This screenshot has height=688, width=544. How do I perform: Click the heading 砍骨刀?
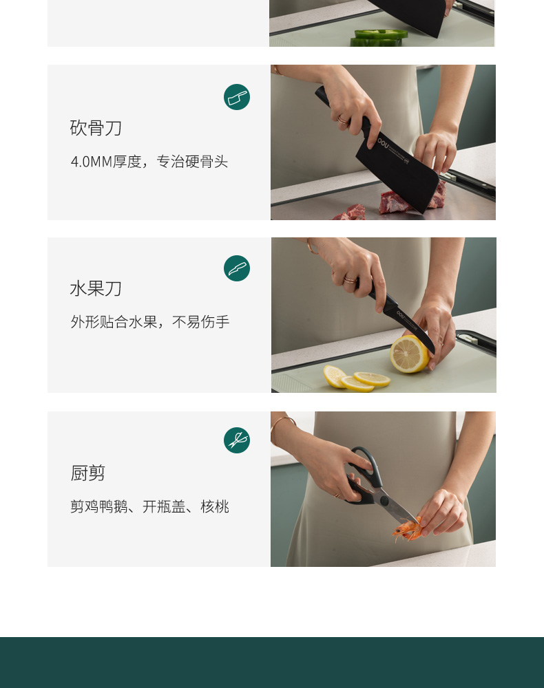click(95, 128)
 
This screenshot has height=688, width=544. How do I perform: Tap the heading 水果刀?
click(95, 289)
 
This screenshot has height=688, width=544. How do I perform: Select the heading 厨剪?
click(87, 473)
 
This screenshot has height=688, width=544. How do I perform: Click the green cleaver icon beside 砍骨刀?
click(237, 97)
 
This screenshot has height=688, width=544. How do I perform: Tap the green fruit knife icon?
click(237, 268)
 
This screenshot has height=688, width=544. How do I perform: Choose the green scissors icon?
click(237, 440)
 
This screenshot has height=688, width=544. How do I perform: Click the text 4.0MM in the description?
click(92, 162)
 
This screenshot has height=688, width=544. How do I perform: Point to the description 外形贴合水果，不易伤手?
click(149, 322)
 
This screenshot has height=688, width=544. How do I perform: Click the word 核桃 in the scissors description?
click(215, 507)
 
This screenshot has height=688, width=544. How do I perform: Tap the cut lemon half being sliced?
click(409, 354)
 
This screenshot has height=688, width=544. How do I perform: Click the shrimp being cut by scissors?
click(407, 529)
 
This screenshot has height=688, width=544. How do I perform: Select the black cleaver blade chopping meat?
click(397, 171)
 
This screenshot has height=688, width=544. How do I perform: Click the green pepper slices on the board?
click(378, 38)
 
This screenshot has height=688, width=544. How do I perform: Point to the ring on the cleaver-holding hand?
click(343, 120)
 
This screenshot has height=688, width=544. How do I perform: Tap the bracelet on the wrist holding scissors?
click(281, 426)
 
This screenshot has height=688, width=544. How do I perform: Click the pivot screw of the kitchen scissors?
click(385, 501)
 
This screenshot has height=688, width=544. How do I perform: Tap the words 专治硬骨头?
click(192, 162)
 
